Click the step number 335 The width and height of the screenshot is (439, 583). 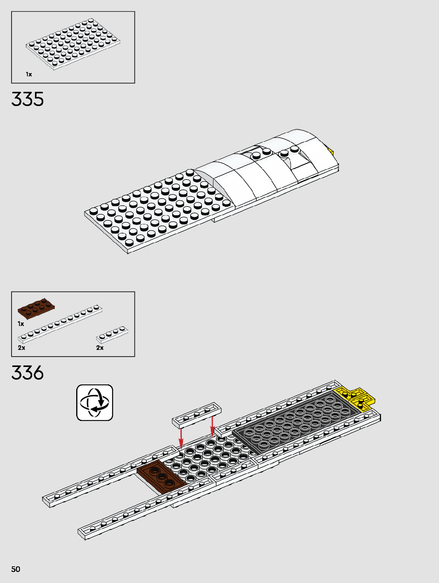click(x=27, y=99)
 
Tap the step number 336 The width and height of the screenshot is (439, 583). click(x=27, y=373)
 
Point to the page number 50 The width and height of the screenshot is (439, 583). click(x=15, y=569)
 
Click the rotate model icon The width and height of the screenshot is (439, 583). click(x=94, y=402)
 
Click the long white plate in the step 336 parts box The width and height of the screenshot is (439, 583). click(x=60, y=324)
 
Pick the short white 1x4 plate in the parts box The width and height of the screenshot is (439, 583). click(x=112, y=334)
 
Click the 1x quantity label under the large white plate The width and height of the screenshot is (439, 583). click(x=29, y=74)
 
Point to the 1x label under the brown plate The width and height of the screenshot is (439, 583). click(x=21, y=324)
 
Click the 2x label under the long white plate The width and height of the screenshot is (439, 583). click(x=21, y=347)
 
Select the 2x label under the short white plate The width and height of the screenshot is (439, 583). click(x=100, y=347)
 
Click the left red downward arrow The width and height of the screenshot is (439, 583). click(x=181, y=438)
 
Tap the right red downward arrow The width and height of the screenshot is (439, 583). click(x=212, y=426)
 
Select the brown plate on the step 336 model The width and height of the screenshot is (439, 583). click(x=161, y=476)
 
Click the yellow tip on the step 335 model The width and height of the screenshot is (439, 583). click(x=330, y=151)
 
